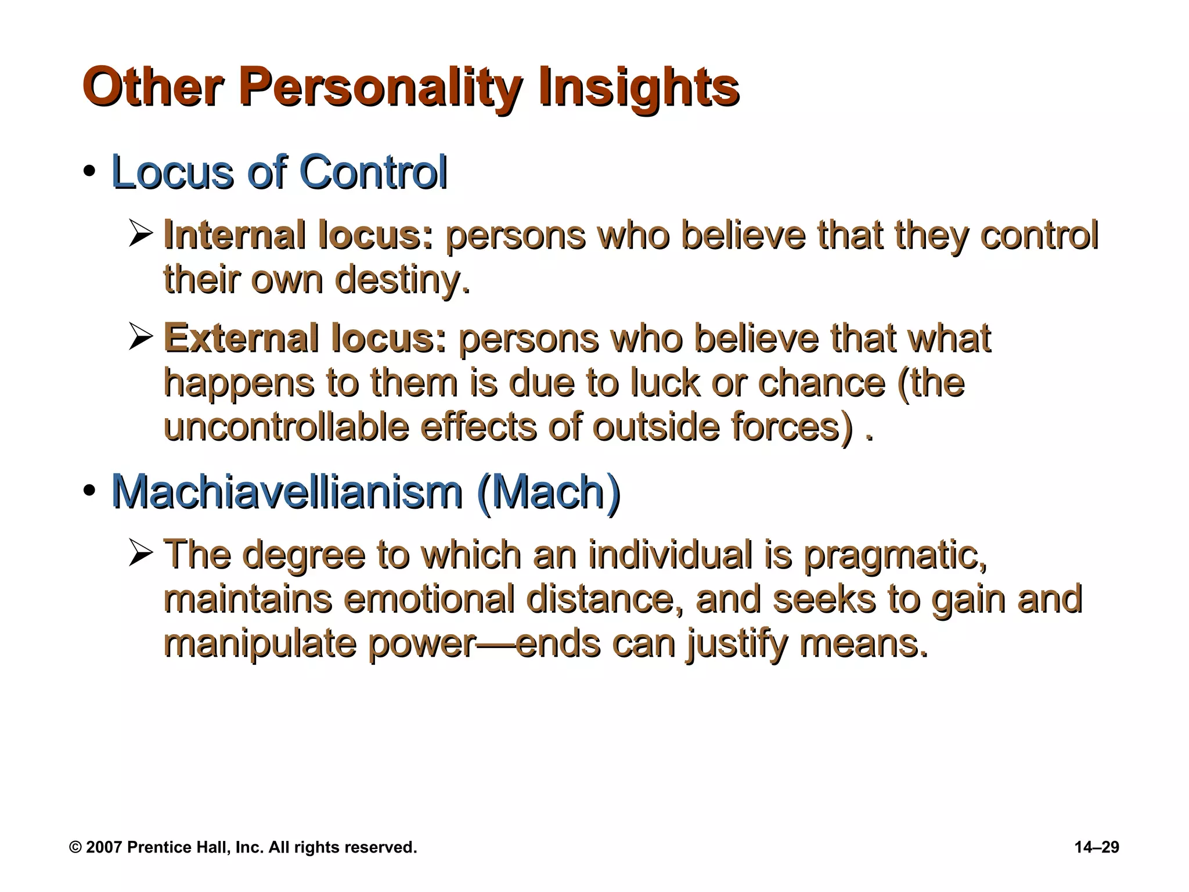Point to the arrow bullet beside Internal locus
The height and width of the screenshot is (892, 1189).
(x=141, y=235)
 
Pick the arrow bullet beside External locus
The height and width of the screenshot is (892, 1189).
(x=141, y=337)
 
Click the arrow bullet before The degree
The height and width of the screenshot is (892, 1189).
(x=141, y=554)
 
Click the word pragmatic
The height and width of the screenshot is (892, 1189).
(x=895, y=555)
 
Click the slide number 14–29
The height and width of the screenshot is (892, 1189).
(x=1097, y=847)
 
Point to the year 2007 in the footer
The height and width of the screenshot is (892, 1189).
(x=104, y=847)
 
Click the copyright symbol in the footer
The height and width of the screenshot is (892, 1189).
(x=75, y=847)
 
